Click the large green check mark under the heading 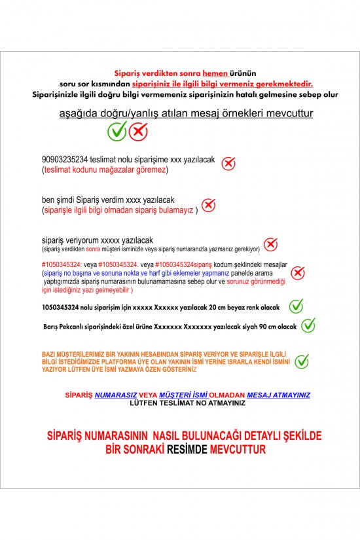(x=117, y=132)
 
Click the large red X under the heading (x=138, y=132)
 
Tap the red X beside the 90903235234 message (x=228, y=164)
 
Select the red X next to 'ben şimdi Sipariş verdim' (x=208, y=205)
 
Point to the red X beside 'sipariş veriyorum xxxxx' (x=270, y=244)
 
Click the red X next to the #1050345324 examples (x=298, y=273)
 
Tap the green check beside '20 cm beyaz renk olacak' (x=297, y=306)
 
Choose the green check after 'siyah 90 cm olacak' (x=309, y=325)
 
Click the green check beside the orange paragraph (x=302, y=361)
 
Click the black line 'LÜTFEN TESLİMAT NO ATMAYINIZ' (x=187, y=403)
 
